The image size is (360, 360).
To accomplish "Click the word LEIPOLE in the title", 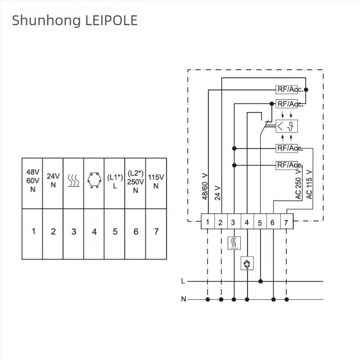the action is pyautogui.click(x=111, y=20).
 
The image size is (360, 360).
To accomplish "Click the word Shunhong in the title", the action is pyautogui.click(x=46, y=21).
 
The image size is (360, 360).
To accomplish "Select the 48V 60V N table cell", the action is pyautogui.click(x=32, y=183).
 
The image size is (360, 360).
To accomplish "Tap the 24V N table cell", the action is pyautogui.click(x=53, y=183).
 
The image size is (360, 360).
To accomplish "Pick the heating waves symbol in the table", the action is pyautogui.click(x=74, y=180).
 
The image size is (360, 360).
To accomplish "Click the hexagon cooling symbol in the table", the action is pyautogui.click(x=94, y=180).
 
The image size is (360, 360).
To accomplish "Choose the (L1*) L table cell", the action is pyautogui.click(x=115, y=183).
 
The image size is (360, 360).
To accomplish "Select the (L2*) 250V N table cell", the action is pyautogui.click(x=135, y=183).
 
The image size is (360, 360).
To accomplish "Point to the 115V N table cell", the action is pyautogui.click(x=156, y=183).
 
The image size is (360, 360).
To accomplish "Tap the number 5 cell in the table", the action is pyautogui.click(x=115, y=234).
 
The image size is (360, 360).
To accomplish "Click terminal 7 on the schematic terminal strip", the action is pyautogui.click(x=287, y=221).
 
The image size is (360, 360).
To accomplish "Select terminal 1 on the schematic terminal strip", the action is pyautogui.click(x=207, y=221).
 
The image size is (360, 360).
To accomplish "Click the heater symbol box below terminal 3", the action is pyautogui.click(x=234, y=243).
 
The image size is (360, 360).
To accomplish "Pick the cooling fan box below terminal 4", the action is pyautogui.click(x=247, y=263).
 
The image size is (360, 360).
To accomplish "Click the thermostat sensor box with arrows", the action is pyautogui.click(x=287, y=126).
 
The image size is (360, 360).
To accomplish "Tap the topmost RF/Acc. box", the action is pyautogui.click(x=287, y=90).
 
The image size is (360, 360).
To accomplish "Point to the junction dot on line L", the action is pyautogui.click(x=261, y=281).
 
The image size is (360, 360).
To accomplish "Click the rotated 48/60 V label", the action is pyautogui.click(x=205, y=186).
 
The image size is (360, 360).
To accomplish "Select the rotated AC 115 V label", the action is pyautogui.click(x=309, y=184).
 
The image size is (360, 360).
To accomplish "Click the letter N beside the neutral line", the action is pyautogui.click(x=184, y=299).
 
